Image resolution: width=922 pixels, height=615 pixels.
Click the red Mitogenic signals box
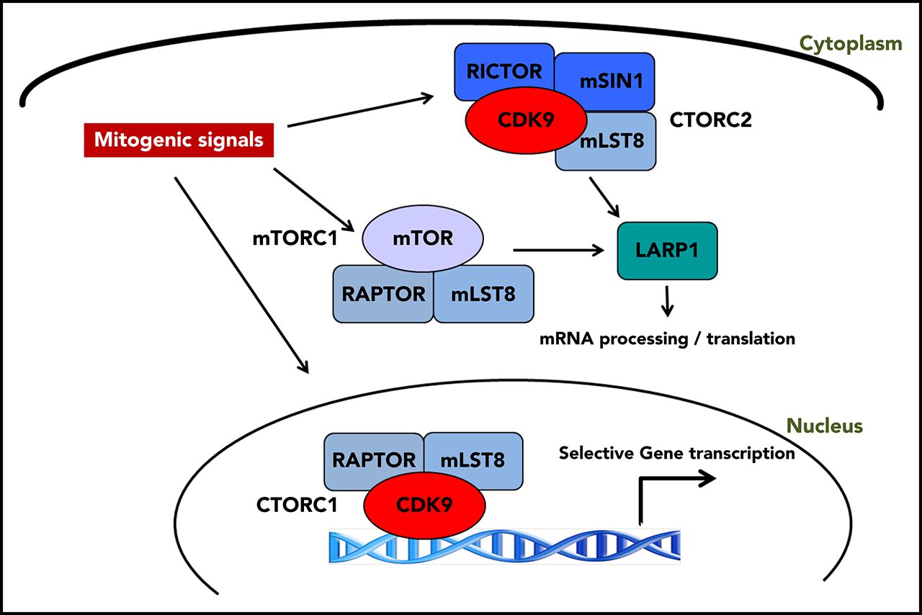[179, 140]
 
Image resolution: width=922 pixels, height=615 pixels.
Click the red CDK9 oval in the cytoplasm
[526, 120]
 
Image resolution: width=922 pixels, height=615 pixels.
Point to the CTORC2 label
[710, 120]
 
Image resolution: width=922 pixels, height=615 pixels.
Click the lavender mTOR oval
[423, 238]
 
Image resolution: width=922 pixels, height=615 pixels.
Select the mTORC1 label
[295, 238]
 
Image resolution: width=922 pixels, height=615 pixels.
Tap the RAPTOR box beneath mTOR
[383, 295]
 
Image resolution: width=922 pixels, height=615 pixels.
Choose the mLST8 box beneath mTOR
[483, 295]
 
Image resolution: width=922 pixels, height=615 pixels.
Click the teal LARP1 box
[667, 251]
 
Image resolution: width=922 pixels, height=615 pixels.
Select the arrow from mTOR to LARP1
[558, 250]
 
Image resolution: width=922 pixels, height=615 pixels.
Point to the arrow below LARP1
[667, 301]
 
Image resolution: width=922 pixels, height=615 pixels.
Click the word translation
[751, 338]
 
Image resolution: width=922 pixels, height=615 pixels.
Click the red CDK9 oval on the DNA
[424, 505]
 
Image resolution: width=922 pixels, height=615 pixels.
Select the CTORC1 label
[297, 505]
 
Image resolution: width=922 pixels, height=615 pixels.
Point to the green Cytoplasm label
[851, 44]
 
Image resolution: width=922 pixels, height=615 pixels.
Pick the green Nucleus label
[825, 426]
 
